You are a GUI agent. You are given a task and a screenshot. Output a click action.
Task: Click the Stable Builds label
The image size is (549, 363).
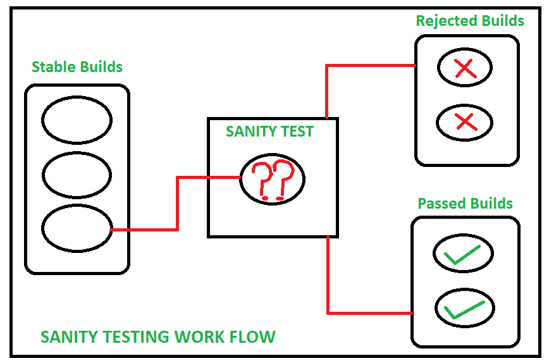pyautogui.click(x=77, y=66)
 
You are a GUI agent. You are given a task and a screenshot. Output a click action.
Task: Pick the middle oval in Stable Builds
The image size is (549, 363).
pyautogui.click(x=77, y=173)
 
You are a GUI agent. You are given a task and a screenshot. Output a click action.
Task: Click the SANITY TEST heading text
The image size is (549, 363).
pyautogui.click(x=269, y=132)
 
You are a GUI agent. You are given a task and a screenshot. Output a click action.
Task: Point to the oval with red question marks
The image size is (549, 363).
pyautogui.click(x=273, y=178)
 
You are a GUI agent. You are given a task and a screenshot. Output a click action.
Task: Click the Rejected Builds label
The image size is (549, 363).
pyautogui.click(x=469, y=21)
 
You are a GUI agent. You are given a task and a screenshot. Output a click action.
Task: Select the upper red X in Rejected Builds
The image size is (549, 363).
pyautogui.click(x=466, y=68)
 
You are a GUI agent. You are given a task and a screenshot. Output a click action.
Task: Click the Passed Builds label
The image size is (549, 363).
pyautogui.click(x=465, y=204)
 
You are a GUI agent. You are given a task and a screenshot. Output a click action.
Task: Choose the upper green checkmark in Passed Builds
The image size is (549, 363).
pyautogui.click(x=462, y=255)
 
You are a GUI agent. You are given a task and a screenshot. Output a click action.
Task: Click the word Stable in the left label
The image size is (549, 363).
pyautogui.click(x=52, y=66)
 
